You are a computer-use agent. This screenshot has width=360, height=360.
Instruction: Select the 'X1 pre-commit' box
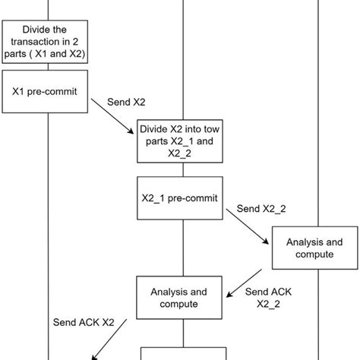coord(47,91)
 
